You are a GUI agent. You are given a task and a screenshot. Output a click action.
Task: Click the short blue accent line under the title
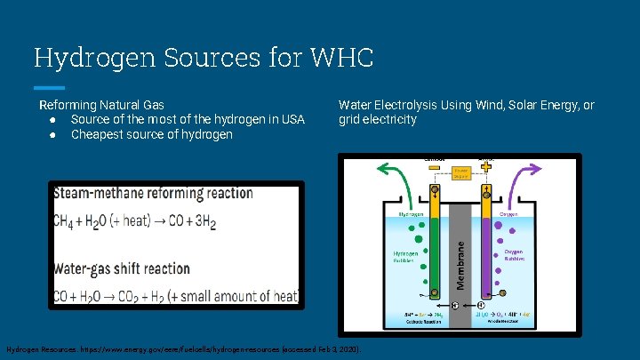point(49,88)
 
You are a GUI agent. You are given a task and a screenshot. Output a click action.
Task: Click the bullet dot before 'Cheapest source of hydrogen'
point(54,135)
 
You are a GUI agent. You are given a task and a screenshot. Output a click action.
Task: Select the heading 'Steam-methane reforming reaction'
point(165,193)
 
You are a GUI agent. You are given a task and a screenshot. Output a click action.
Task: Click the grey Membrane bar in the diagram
point(460,258)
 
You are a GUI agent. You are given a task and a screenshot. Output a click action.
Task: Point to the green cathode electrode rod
point(435,249)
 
